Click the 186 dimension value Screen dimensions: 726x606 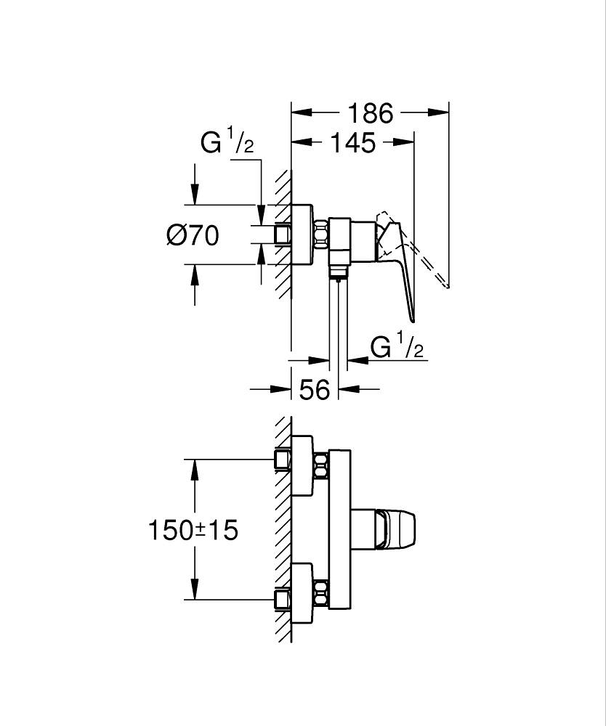[x=369, y=113]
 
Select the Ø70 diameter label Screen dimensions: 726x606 [x=192, y=234]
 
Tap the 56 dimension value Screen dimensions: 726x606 [x=315, y=390]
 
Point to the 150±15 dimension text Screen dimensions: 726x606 [x=193, y=530]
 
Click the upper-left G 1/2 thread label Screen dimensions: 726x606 [x=227, y=144]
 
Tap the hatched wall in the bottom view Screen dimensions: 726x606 [x=283, y=530]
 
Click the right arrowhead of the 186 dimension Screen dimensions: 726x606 [x=439, y=113]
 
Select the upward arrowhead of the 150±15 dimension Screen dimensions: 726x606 [x=195, y=468]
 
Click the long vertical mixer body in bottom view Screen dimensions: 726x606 [x=340, y=530]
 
